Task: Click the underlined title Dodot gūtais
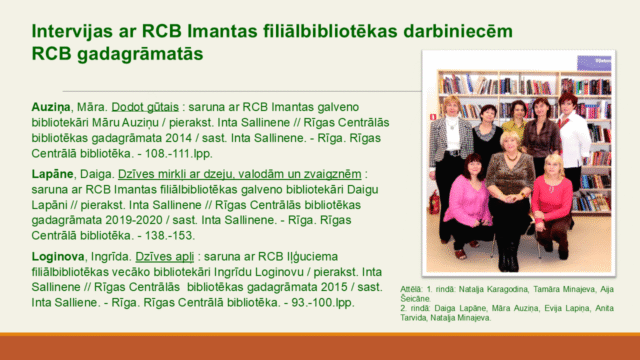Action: (x=148, y=105)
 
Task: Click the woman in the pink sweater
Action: (x=464, y=200)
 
